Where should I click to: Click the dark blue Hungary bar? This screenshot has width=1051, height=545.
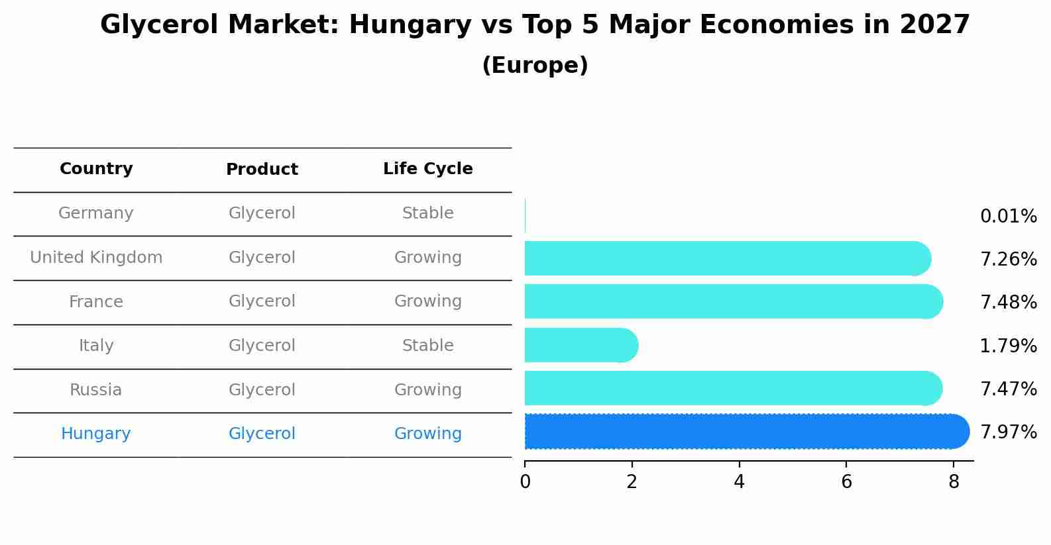742,432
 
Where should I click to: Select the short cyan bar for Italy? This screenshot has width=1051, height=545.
580,345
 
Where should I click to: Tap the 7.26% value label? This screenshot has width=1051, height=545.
1008,259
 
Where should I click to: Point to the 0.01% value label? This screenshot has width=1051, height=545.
1008,217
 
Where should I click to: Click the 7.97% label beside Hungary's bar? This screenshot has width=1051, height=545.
1008,432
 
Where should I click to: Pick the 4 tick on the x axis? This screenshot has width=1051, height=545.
739,482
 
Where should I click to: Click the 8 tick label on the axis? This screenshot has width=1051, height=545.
954,482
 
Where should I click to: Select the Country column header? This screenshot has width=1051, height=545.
96,169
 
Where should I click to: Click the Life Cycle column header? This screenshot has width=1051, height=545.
427,169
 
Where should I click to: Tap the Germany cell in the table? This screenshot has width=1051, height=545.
96,213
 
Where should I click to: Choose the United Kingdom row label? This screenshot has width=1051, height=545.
96,258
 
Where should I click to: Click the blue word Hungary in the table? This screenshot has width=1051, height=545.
96,434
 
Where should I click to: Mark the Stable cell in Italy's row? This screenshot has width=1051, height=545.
427,346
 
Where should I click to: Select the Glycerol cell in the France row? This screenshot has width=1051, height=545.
262,301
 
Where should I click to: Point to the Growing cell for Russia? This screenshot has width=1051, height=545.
427,390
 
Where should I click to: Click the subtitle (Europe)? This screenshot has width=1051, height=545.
535,66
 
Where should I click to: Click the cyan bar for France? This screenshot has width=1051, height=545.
729,301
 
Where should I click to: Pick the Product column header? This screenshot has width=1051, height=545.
262,170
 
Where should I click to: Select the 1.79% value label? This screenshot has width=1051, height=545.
1008,346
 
